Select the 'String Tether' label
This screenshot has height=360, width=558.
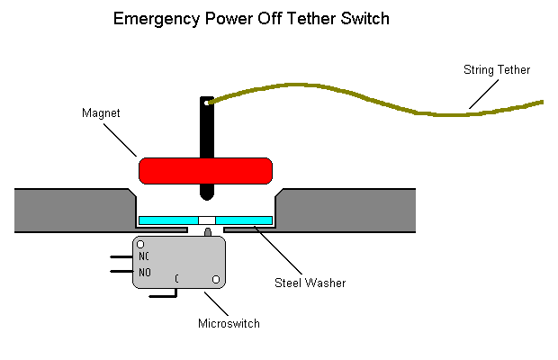pos(496,69)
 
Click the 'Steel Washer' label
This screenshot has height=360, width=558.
pos(310,283)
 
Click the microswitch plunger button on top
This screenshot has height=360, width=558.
pos(207,233)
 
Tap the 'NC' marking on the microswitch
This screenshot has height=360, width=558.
pos(144,256)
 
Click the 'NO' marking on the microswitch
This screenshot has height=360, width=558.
pos(144,273)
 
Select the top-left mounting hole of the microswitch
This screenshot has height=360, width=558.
pos(140,244)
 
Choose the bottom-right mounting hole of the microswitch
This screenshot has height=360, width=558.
pos(215,281)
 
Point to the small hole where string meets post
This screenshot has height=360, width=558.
pos(208,103)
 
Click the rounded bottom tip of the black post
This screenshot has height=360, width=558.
pos(207,194)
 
